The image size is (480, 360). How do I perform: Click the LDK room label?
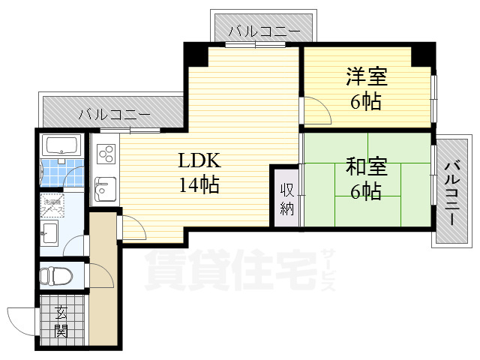tap(199, 160)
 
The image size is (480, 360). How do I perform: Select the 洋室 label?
tap(365, 76)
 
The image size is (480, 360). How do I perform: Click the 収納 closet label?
tap(286, 199)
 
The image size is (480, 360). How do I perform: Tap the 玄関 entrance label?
tap(61, 322)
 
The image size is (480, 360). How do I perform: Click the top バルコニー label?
tap(264, 31)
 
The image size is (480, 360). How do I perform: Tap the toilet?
tap(54, 276)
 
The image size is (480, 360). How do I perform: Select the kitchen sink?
tap(104, 187)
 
